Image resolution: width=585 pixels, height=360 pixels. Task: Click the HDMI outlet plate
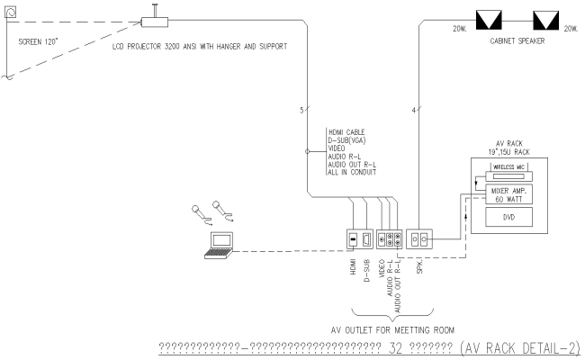(353, 240)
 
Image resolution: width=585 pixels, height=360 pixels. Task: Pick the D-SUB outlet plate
(367, 240)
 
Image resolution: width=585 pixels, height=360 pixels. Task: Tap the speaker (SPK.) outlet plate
(421, 240)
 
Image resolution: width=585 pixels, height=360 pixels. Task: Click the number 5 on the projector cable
(301, 112)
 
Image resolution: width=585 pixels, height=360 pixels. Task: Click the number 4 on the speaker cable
(413, 112)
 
